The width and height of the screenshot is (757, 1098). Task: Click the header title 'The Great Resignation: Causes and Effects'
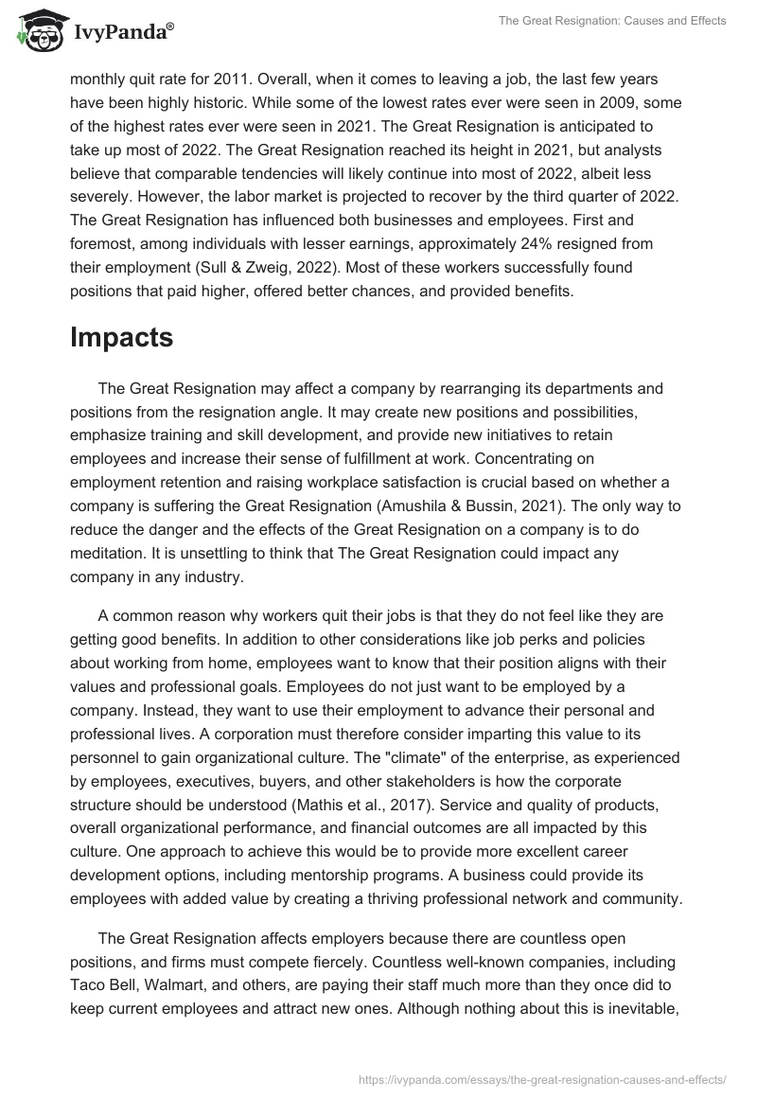click(612, 20)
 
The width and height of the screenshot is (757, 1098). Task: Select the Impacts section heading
click(122, 338)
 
